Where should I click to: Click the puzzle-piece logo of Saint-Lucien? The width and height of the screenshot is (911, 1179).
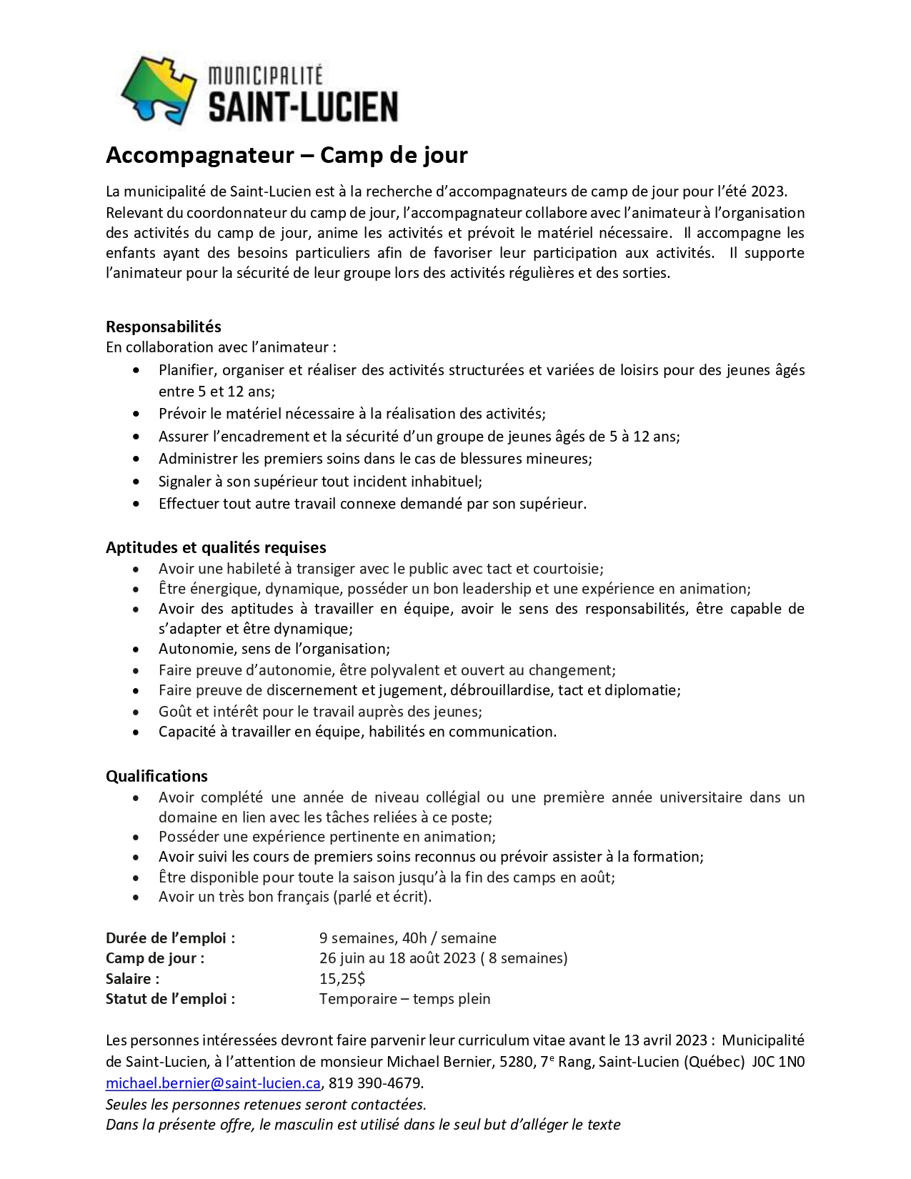159,90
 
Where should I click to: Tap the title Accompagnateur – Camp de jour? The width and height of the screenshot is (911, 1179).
287,155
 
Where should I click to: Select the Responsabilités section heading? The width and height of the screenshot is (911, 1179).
164,327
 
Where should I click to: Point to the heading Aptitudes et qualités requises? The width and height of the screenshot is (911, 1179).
216,547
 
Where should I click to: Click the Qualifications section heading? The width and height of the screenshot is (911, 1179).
156,776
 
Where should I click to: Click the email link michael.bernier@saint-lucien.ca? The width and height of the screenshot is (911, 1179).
213,1083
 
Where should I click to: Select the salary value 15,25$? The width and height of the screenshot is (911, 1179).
342,979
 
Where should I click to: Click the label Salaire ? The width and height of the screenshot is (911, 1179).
133,979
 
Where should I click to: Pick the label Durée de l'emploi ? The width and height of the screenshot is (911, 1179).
170,938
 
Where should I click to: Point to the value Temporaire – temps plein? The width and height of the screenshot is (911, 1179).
404,999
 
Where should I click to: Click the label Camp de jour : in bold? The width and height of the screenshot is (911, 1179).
155,958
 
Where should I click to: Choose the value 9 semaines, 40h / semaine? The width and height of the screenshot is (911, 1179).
407,938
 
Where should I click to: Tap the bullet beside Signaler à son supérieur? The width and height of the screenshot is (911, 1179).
136,482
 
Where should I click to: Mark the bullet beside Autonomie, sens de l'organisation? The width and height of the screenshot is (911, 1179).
136,650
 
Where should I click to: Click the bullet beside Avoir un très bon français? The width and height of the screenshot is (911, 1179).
136,897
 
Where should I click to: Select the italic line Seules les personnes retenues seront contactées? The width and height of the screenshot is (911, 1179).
266,1105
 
